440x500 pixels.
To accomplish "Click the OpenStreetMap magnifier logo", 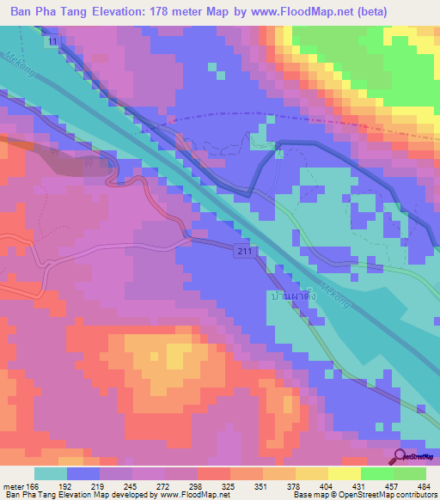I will [402, 457].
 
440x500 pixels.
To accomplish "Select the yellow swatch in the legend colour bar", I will [345, 473].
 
